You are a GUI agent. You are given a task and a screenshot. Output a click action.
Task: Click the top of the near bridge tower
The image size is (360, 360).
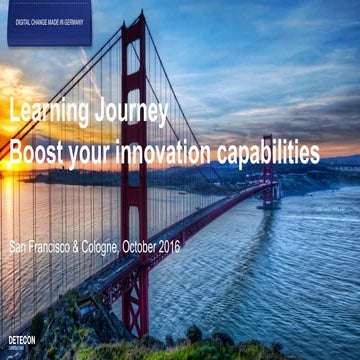pyautogui.click(x=133, y=20)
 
